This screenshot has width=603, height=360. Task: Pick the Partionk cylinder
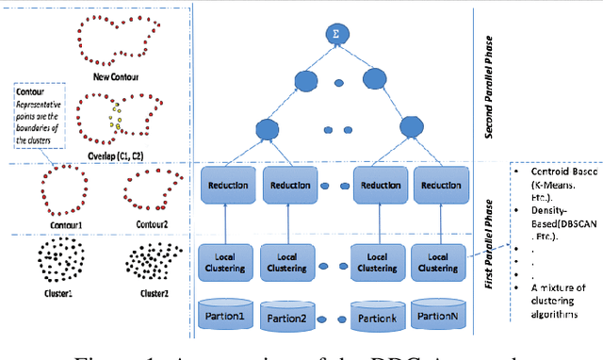(379, 315)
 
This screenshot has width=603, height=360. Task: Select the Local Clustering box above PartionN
(439, 262)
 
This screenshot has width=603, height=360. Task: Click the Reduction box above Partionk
(379, 186)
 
